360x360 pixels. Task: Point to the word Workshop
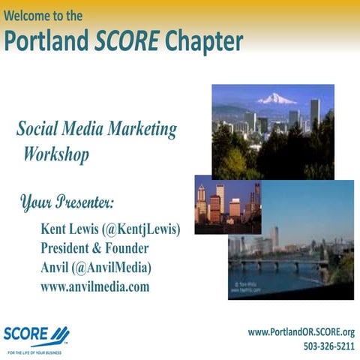pos(55,155)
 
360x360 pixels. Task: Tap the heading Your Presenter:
pos(67,202)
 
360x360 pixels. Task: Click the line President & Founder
pos(94,248)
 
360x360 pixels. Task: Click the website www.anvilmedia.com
pos(94,286)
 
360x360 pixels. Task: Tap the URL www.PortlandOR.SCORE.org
pos(301,331)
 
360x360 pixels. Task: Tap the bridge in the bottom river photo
pos(277,264)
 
